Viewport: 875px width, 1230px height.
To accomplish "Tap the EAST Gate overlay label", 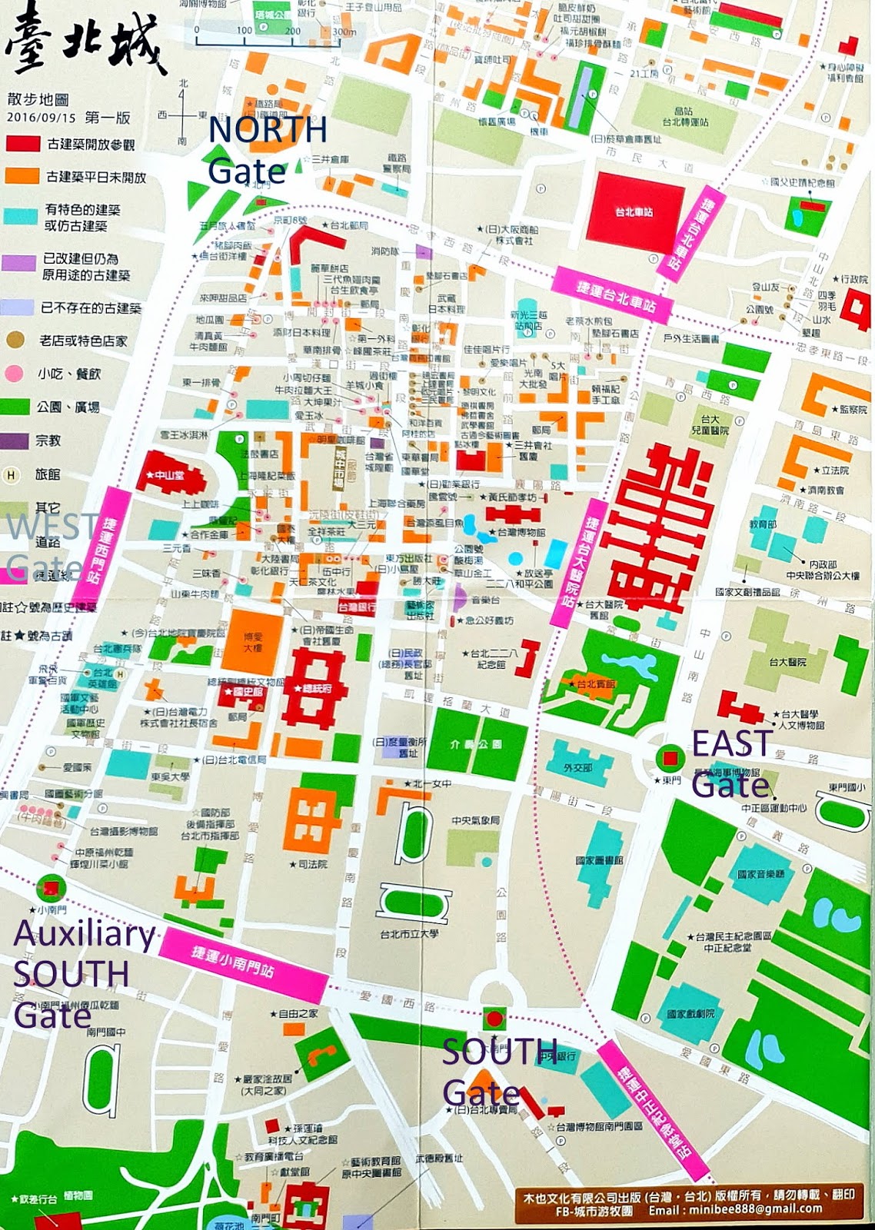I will click(730, 763).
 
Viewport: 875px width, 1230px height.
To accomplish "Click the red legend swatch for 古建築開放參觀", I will click(22, 144).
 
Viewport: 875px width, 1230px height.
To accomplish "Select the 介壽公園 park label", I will click(476, 744).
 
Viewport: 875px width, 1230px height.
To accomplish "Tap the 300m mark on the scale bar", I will click(343, 32).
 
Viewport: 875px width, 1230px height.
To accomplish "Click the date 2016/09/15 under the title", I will click(42, 118).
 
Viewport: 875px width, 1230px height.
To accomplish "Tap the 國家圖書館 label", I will click(600, 860).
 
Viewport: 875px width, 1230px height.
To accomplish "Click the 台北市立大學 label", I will click(408, 934).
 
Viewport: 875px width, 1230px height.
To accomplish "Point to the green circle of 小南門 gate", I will click(51, 888).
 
